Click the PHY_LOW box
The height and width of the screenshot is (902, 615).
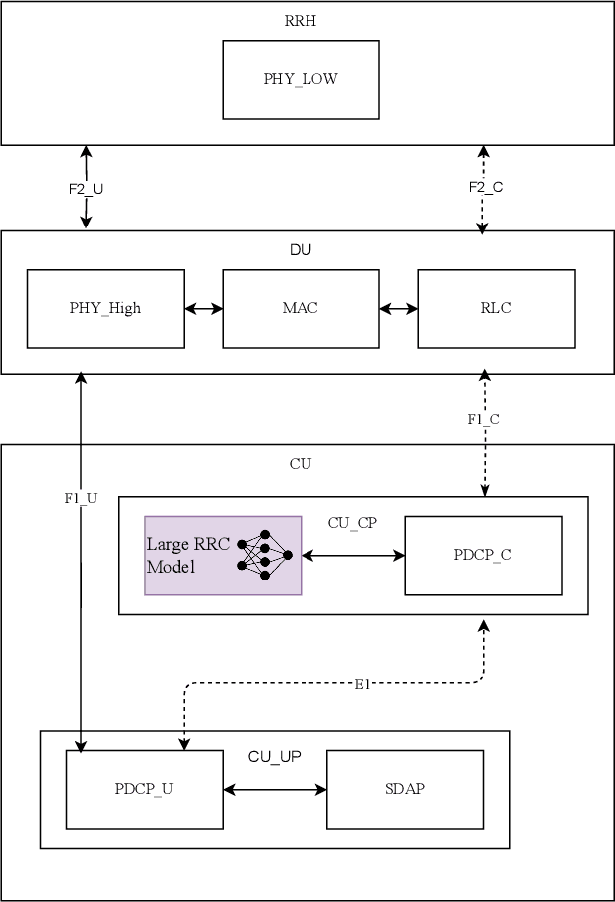click(301, 80)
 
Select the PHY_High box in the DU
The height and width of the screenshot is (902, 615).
click(105, 308)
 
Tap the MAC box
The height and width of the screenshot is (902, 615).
click(301, 308)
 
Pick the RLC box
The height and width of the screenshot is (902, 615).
click(496, 308)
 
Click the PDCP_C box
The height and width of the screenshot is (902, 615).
click(483, 555)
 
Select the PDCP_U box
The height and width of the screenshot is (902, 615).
click(144, 789)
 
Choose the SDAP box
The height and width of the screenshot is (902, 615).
click(405, 789)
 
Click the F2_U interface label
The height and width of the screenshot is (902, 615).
click(86, 188)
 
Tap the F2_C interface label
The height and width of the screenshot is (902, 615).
click(484, 187)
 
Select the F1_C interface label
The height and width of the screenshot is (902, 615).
click(483, 419)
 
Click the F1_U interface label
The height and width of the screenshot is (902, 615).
click(80, 497)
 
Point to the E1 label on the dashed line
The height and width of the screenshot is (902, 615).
click(362, 684)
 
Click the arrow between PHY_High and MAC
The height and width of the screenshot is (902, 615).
click(204, 309)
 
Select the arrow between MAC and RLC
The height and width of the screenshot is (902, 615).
click(399, 309)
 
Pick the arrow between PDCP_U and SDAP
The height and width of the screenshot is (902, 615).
click(275, 790)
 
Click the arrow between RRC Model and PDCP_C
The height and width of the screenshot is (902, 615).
click(353, 555)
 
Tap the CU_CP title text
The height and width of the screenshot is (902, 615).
click(352, 522)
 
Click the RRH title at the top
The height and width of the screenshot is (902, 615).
click(301, 20)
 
